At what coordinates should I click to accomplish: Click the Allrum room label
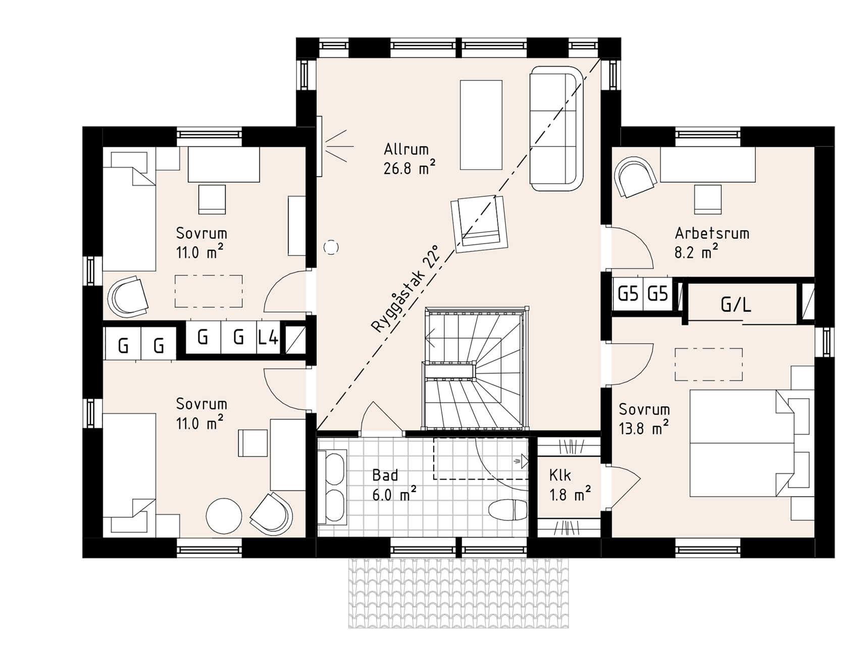tap(406, 149)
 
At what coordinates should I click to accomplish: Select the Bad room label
tap(385, 475)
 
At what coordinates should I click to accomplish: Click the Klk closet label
tap(560, 475)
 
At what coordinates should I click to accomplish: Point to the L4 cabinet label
tap(268, 338)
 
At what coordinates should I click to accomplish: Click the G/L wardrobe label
tap(736, 305)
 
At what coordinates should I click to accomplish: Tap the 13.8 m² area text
tap(644, 428)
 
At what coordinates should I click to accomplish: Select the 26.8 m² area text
tap(409, 169)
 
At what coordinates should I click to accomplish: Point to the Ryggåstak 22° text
tap(404, 289)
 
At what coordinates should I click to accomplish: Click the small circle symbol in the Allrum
tap(331, 247)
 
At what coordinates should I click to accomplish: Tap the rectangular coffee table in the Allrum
tap(481, 125)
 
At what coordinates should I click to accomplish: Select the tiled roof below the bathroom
tap(459, 593)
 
